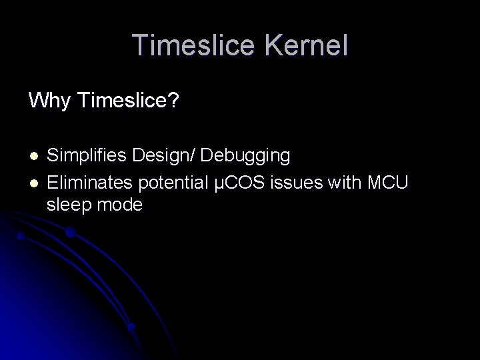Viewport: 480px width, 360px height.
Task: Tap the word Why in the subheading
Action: click(x=50, y=102)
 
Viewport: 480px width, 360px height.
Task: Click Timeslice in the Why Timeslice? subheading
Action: click(x=123, y=102)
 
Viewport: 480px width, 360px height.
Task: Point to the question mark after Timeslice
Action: click(x=173, y=102)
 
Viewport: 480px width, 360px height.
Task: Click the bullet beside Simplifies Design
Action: click(x=33, y=157)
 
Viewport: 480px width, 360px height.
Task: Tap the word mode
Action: click(x=120, y=205)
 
